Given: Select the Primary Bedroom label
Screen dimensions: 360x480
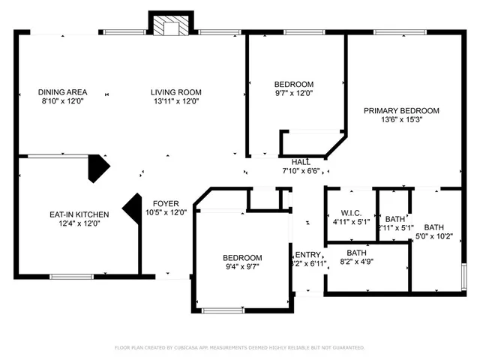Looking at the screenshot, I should point(401,110).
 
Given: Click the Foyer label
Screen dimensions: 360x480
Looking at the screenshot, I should point(166,203).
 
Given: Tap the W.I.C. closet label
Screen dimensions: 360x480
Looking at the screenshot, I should point(352,211).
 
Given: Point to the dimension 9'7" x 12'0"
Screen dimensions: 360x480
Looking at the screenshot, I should point(293,94).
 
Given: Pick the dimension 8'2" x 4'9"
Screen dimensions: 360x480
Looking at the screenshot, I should point(357,262).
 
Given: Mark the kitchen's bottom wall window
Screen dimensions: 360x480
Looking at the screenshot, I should point(70,275).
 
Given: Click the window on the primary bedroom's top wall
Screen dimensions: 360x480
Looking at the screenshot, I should point(395,32).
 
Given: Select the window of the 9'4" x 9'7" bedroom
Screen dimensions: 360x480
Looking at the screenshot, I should point(223,309).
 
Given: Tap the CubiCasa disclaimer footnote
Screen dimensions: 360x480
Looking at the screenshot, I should point(239,347).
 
